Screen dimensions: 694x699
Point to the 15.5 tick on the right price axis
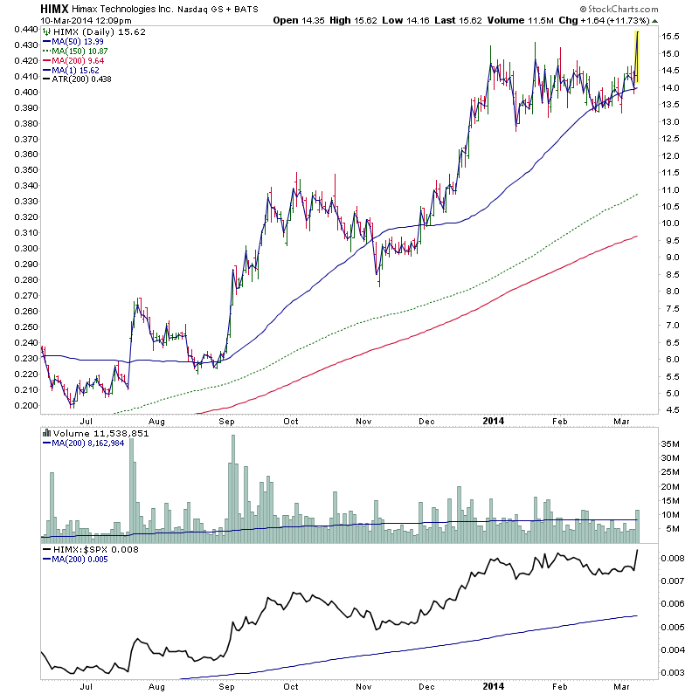coord(668,36)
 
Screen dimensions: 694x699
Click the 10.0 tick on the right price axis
coord(668,223)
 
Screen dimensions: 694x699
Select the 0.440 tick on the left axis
coord(19,30)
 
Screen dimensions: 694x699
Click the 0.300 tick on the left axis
coord(19,249)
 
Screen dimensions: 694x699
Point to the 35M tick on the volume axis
coord(669,444)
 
